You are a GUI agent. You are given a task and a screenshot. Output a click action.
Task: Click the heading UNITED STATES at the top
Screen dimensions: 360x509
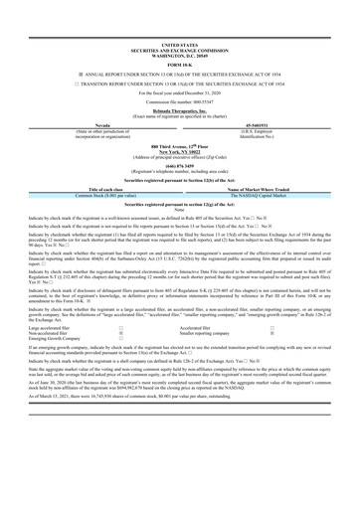(180, 17)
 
